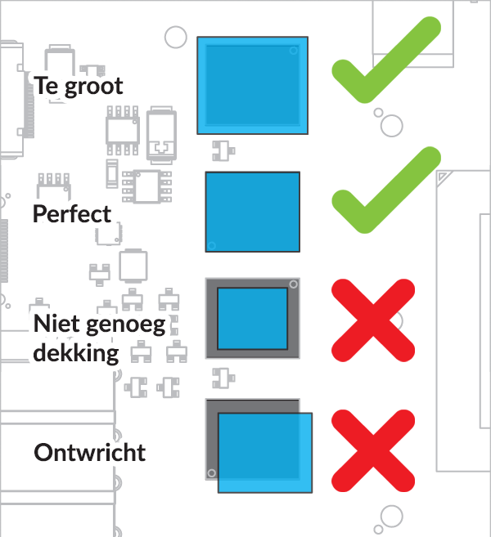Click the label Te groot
tap(79, 86)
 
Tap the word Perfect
tap(72, 214)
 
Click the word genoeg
tap(126, 325)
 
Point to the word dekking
tap(76, 353)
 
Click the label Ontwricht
tap(90, 453)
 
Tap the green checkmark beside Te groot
tap(386, 60)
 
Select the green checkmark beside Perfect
tap(386, 190)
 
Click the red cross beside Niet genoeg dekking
tap(373, 320)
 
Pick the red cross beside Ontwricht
tap(373, 450)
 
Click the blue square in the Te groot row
tap(252, 85)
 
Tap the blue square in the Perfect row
tap(253, 212)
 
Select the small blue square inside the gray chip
tap(252, 319)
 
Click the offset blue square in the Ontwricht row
tap(265, 453)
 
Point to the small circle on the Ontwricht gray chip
tap(212, 473)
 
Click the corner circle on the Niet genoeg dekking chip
tap(294, 284)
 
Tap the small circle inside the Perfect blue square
tap(212, 245)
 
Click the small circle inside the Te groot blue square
tap(294, 51)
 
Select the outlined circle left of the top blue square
tap(176, 37)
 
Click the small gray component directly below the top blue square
tap(223, 150)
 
